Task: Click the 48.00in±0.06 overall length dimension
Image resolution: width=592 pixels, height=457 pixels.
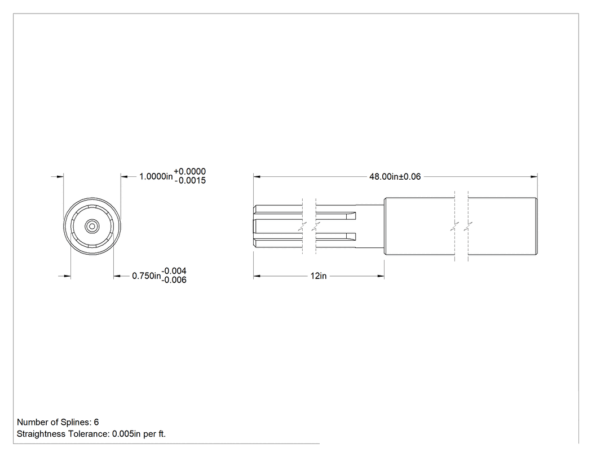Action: click(x=395, y=176)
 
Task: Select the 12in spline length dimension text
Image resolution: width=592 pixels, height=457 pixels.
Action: click(x=319, y=276)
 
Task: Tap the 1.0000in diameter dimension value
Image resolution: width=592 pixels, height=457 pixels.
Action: click(x=156, y=176)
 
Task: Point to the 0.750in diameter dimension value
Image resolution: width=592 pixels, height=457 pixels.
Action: click(x=147, y=276)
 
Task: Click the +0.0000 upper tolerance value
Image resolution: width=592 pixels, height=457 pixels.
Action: click(x=189, y=171)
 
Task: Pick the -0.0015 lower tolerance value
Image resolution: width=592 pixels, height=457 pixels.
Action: click(x=190, y=180)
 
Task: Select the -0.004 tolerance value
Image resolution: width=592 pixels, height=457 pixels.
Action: click(x=174, y=271)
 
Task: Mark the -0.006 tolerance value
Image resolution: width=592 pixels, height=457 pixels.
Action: click(x=174, y=280)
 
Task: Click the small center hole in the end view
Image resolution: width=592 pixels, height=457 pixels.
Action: click(x=92, y=227)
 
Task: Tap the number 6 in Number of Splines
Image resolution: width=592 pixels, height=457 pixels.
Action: click(x=96, y=422)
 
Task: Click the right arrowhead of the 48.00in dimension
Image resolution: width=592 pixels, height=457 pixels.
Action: click(x=534, y=176)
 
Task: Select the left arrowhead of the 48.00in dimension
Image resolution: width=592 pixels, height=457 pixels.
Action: click(x=257, y=176)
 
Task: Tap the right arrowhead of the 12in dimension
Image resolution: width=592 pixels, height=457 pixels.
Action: click(x=380, y=276)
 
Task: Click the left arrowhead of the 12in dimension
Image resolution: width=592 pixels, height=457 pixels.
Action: click(x=257, y=276)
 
